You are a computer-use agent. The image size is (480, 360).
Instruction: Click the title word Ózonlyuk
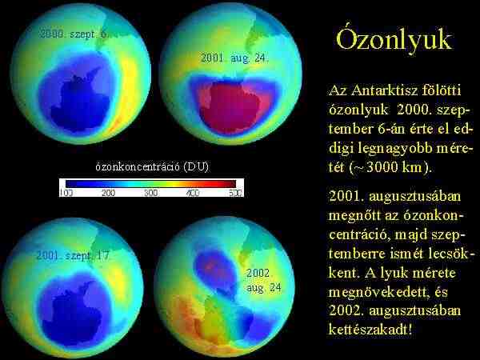394,40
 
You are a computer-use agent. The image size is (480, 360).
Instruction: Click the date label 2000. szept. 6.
74,34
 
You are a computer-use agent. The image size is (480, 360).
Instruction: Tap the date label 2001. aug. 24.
234,58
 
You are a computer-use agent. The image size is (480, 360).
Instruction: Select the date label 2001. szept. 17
73,255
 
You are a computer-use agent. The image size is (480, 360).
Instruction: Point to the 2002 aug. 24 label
264,280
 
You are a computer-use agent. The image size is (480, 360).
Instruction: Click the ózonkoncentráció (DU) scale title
152,167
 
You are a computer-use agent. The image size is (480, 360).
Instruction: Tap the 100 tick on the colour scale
66,193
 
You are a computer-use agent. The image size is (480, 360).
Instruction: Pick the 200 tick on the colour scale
108,193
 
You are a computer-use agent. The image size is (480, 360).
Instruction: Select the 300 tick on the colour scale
151,193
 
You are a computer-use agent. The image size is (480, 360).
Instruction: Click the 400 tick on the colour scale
193,193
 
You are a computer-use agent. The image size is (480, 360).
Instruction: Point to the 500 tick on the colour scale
235,193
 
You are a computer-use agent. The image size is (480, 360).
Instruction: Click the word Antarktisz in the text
383,90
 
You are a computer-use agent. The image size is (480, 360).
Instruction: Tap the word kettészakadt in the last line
368,330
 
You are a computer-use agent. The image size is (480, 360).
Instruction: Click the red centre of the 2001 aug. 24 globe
230,107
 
